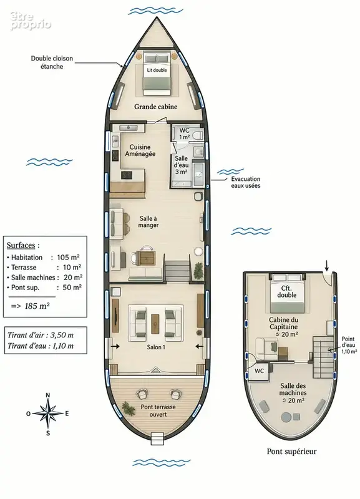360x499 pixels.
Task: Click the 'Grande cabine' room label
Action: (x=155, y=107)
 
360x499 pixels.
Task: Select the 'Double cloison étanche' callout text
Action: (x=52, y=62)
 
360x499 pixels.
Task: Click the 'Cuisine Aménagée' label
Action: (x=140, y=150)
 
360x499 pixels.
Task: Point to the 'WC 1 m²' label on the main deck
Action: (x=184, y=133)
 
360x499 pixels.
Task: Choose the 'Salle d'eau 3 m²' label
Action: (x=182, y=165)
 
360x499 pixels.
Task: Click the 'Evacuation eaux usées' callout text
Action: (x=246, y=182)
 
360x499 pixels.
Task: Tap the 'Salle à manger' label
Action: (x=148, y=222)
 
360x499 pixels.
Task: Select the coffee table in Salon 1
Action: (x=155, y=322)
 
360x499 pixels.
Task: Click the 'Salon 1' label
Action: (x=156, y=347)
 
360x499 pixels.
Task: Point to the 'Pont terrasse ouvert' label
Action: (x=158, y=410)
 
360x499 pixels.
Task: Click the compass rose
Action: (x=48, y=414)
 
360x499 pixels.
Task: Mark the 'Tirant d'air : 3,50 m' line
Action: (x=41, y=335)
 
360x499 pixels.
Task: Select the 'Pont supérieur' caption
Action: (x=291, y=451)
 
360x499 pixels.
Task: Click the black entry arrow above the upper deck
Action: (x=326, y=264)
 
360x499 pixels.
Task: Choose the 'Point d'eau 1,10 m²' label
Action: (x=349, y=346)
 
